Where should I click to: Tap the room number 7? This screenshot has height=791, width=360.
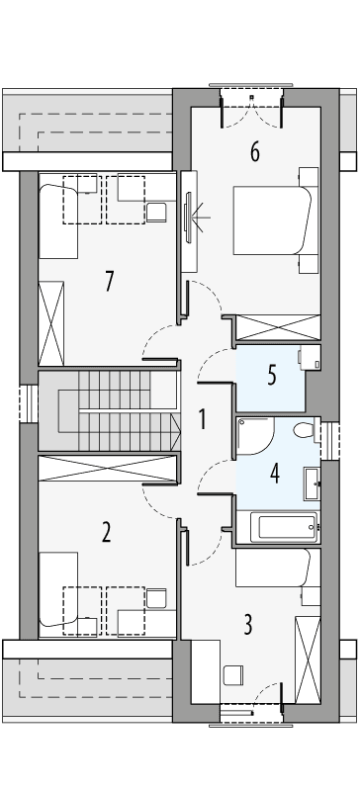point(109,281)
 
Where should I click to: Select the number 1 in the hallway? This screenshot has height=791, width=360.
point(202,419)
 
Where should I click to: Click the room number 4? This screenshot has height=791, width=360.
point(275,472)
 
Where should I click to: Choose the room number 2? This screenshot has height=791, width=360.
point(106,533)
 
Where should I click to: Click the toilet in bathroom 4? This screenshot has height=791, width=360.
point(306,430)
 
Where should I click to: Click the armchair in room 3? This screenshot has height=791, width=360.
point(232,675)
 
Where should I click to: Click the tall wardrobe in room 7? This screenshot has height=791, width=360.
point(50,322)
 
